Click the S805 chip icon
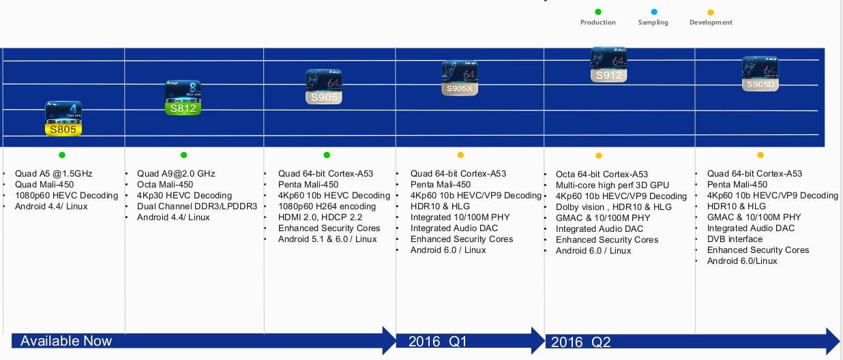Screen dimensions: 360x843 (x=63, y=119)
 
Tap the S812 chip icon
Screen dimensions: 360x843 (x=183, y=98)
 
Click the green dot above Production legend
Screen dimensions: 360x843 (x=598, y=12)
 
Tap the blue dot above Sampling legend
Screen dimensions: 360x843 (x=654, y=12)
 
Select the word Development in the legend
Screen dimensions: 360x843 (x=711, y=22)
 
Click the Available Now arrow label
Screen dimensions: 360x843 (x=66, y=341)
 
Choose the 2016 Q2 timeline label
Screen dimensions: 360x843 (x=580, y=342)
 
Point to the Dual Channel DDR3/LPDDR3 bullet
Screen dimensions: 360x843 (x=197, y=207)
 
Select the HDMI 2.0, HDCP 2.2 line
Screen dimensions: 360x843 (x=321, y=217)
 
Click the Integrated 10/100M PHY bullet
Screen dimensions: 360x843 (x=460, y=217)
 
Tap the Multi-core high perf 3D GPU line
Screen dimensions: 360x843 (x=612, y=185)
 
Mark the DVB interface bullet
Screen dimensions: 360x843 (x=735, y=239)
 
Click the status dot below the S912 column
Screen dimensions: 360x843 (x=599, y=156)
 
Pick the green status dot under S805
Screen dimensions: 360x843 (x=62, y=155)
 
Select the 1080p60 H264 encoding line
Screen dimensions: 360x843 (x=327, y=207)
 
